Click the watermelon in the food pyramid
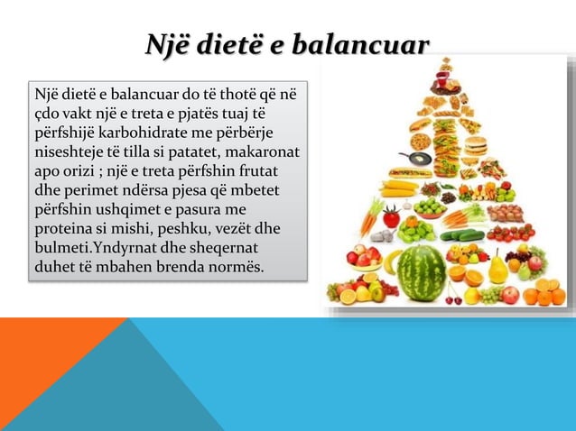click(422, 273)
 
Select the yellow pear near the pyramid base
click(497, 269)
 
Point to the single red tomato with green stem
click(391, 217)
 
